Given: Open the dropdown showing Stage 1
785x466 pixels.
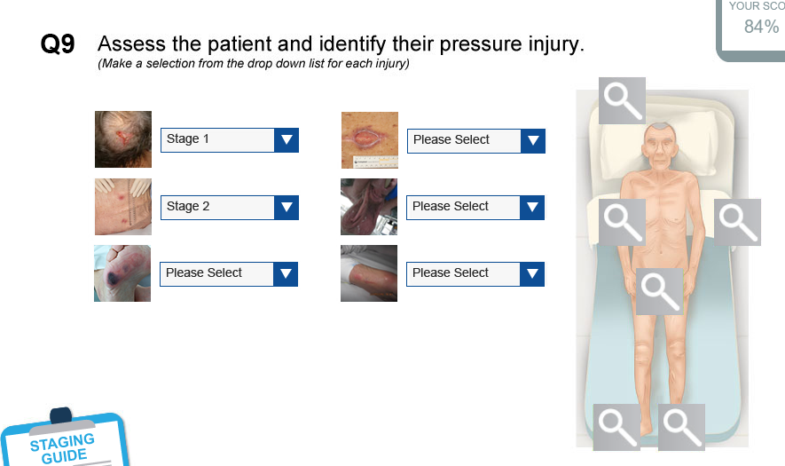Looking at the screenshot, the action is click(x=230, y=140).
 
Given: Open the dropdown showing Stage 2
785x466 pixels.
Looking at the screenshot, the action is click(x=230, y=208).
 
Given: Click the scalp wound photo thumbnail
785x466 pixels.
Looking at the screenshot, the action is click(x=123, y=139).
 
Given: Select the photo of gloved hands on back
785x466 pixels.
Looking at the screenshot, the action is click(x=123, y=207).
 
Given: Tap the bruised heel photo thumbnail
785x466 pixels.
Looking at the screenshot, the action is click(x=122, y=273).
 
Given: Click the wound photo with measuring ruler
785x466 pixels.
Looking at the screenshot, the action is click(x=370, y=140).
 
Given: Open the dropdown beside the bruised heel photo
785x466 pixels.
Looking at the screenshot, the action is click(x=229, y=273).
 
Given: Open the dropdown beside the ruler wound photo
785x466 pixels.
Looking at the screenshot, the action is click(x=476, y=141).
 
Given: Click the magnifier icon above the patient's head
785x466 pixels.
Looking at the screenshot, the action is click(x=623, y=100).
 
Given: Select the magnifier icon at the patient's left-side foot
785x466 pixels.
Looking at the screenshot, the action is click(x=682, y=428).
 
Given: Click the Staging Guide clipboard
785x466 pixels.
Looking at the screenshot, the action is click(x=65, y=439).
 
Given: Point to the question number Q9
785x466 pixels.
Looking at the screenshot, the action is click(x=58, y=44).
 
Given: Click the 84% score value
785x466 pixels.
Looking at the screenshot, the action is click(x=761, y=27).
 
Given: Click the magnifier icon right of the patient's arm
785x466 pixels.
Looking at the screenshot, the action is click(x=737, y=223).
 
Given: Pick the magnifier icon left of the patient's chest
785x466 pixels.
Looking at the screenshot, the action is click(x=623, y=223).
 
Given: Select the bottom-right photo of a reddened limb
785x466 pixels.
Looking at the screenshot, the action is click(x=369, y=273).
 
